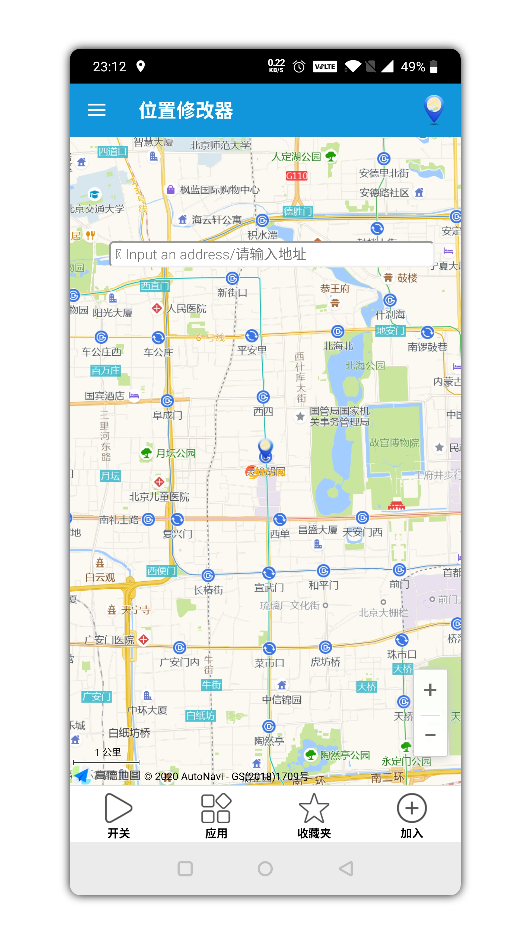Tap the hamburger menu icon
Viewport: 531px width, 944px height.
click(96, 110)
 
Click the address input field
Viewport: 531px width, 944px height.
click(271, 254)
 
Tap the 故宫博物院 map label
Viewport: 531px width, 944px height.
click(394, 443)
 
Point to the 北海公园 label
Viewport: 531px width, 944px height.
click(365, 365)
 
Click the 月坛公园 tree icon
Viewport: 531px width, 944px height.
click(146, 453)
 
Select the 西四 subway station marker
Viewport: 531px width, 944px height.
click(263, 397)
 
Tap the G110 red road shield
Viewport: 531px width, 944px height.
click(297, 176)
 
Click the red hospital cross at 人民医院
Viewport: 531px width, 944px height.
click(157, 308)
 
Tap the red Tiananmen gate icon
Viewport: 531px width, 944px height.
click(396, 505)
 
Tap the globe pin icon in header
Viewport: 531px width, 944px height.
click(434, 109)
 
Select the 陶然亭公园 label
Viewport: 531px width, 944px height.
click(345, 755)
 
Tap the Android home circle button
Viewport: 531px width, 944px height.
click(265, 869)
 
